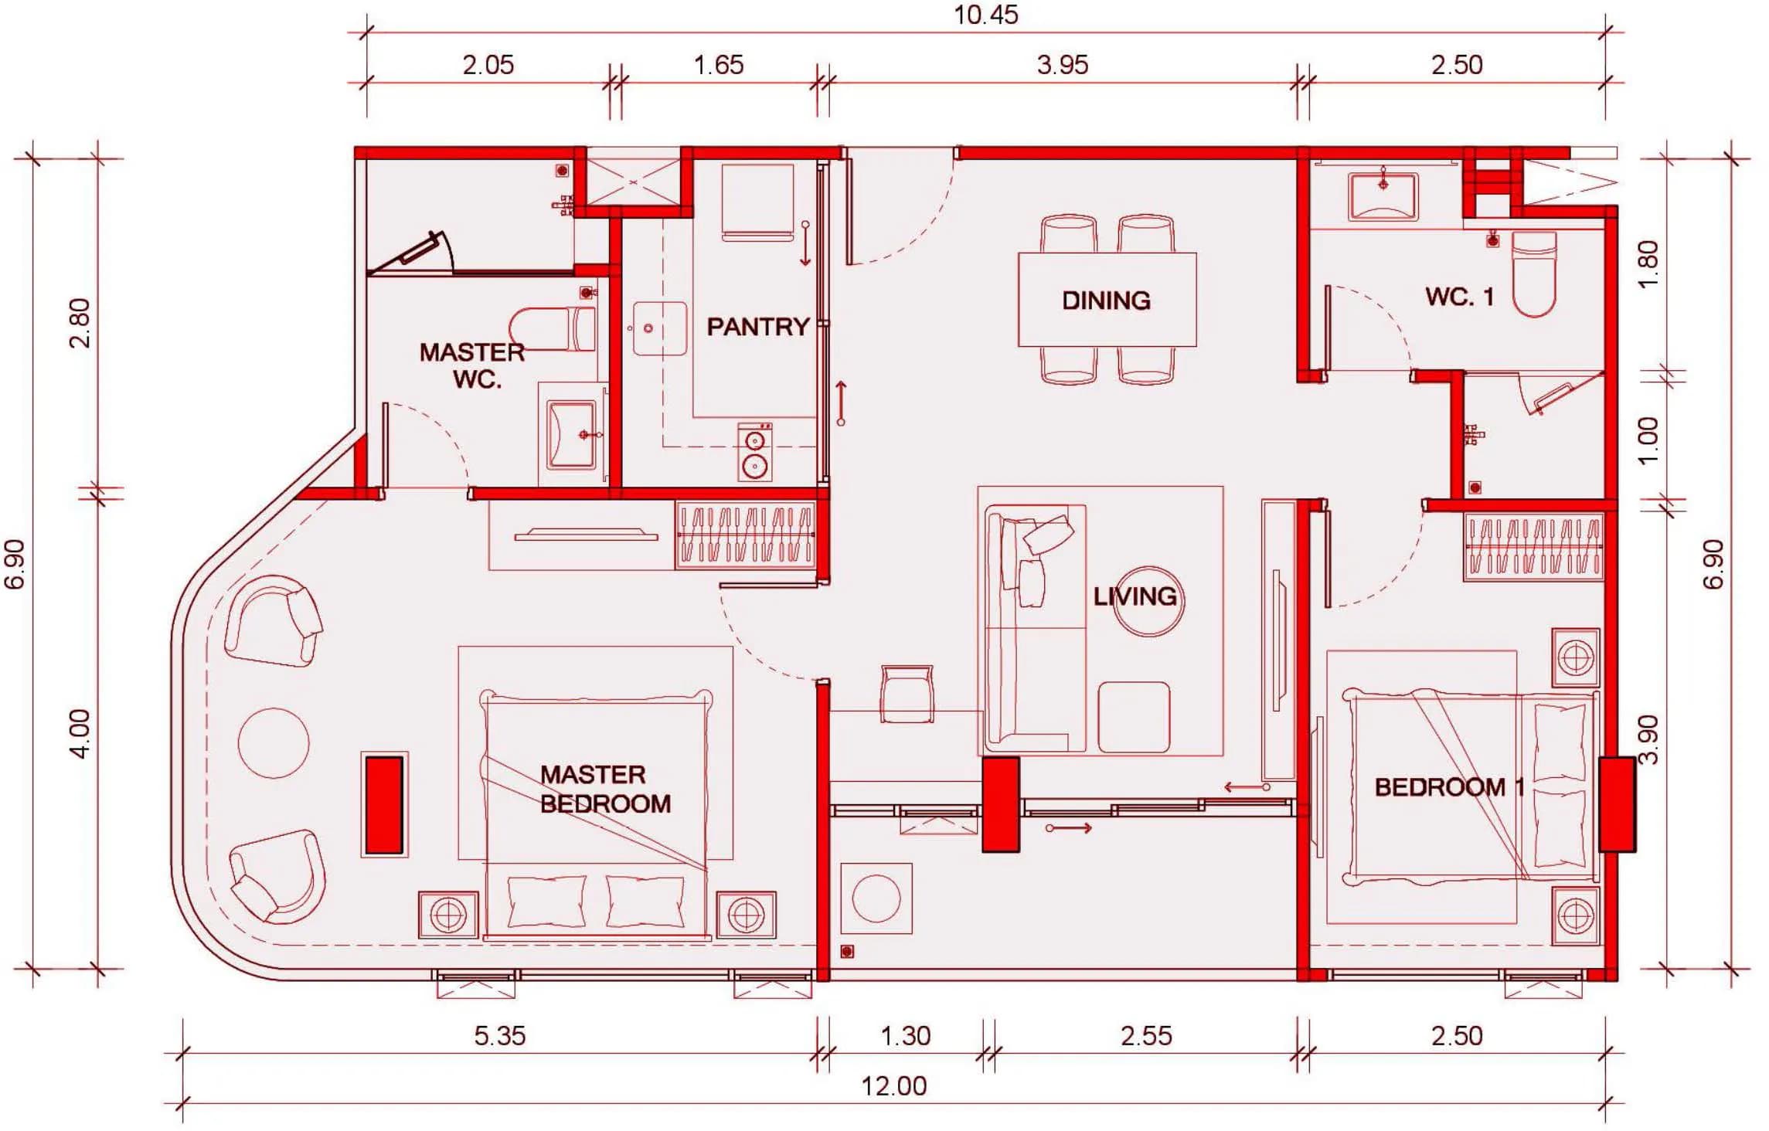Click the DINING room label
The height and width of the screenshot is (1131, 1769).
(1106, 301)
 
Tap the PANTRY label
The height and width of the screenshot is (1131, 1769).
(757, 327)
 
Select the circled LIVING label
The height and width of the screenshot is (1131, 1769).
(1135, 596)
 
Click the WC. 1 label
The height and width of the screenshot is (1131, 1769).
(1459, 296)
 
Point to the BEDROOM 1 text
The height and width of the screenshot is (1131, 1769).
(1449, 787)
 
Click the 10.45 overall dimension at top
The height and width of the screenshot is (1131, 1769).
(985, 15)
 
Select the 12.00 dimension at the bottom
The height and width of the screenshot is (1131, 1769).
(893, 1086)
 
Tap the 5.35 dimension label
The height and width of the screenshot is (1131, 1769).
(499, 1036)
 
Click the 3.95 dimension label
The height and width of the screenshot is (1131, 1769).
(1062, 65)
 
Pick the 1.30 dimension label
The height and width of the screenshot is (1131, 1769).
(905, 1036)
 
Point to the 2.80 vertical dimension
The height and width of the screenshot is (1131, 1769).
(80, 324)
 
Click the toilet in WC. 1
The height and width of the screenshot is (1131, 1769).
(1533, 274)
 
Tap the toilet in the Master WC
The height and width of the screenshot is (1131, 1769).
(553, 329)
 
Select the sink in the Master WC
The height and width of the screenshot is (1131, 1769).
(572, 434)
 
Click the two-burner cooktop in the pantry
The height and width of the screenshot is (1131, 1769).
(754, 452)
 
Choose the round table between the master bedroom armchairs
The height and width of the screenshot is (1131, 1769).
(273, 742)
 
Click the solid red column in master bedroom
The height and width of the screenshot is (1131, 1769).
(384, 805)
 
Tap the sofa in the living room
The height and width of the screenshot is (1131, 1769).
(1034, 629)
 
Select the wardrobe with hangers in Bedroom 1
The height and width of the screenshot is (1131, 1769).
(1533, 548)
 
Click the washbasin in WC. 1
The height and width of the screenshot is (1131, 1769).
(1383, 196)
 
